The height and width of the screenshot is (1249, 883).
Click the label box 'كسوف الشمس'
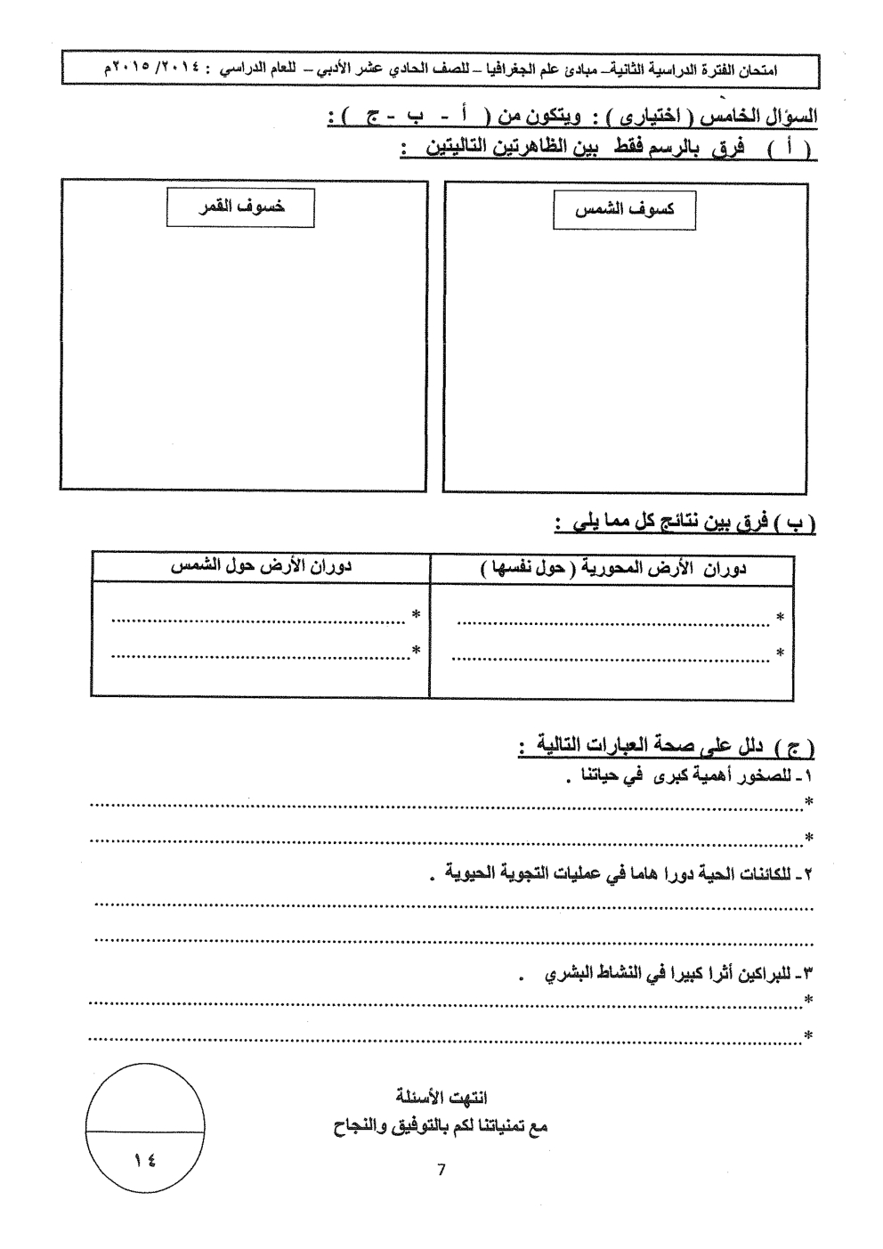click(x=624, y=209)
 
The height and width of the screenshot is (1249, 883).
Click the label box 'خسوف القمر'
click(x=240, y=207)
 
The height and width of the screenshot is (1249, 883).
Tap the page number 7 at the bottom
click(x=441, y=1170)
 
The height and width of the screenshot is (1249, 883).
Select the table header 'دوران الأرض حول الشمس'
click(x=261, y=567)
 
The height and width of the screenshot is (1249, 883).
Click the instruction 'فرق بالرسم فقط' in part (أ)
click(x=614, y=147)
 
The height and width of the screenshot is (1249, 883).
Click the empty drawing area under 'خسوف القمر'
click(x=244, y=356)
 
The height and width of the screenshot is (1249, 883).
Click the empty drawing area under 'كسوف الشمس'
click(x=626, y=356)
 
